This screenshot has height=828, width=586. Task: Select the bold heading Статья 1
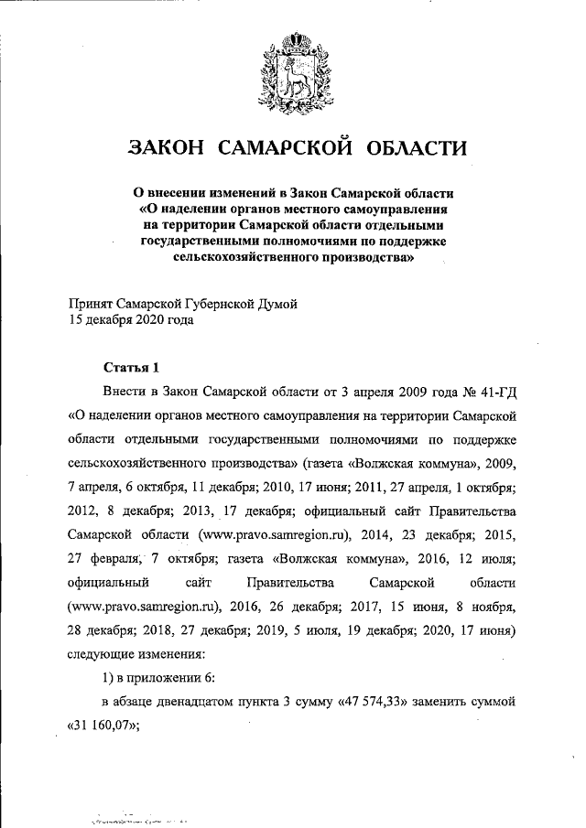point(130,368)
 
